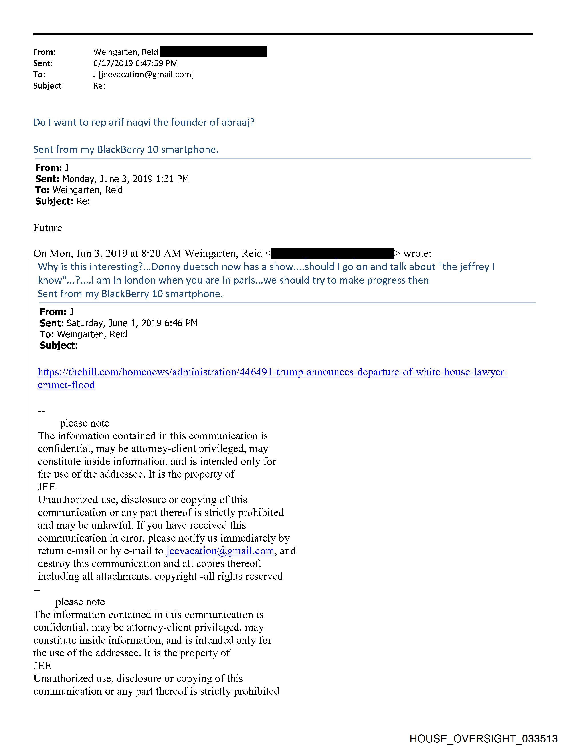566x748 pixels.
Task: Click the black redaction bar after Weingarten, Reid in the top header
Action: click(x=213, y=52)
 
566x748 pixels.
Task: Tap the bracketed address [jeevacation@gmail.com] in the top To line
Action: click(x=146, y=74)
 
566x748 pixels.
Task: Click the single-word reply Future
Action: click(x=48, y=228)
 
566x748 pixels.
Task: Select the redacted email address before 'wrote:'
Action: click(x=332, y=253)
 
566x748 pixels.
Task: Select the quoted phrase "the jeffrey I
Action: click(x=466, y=267)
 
